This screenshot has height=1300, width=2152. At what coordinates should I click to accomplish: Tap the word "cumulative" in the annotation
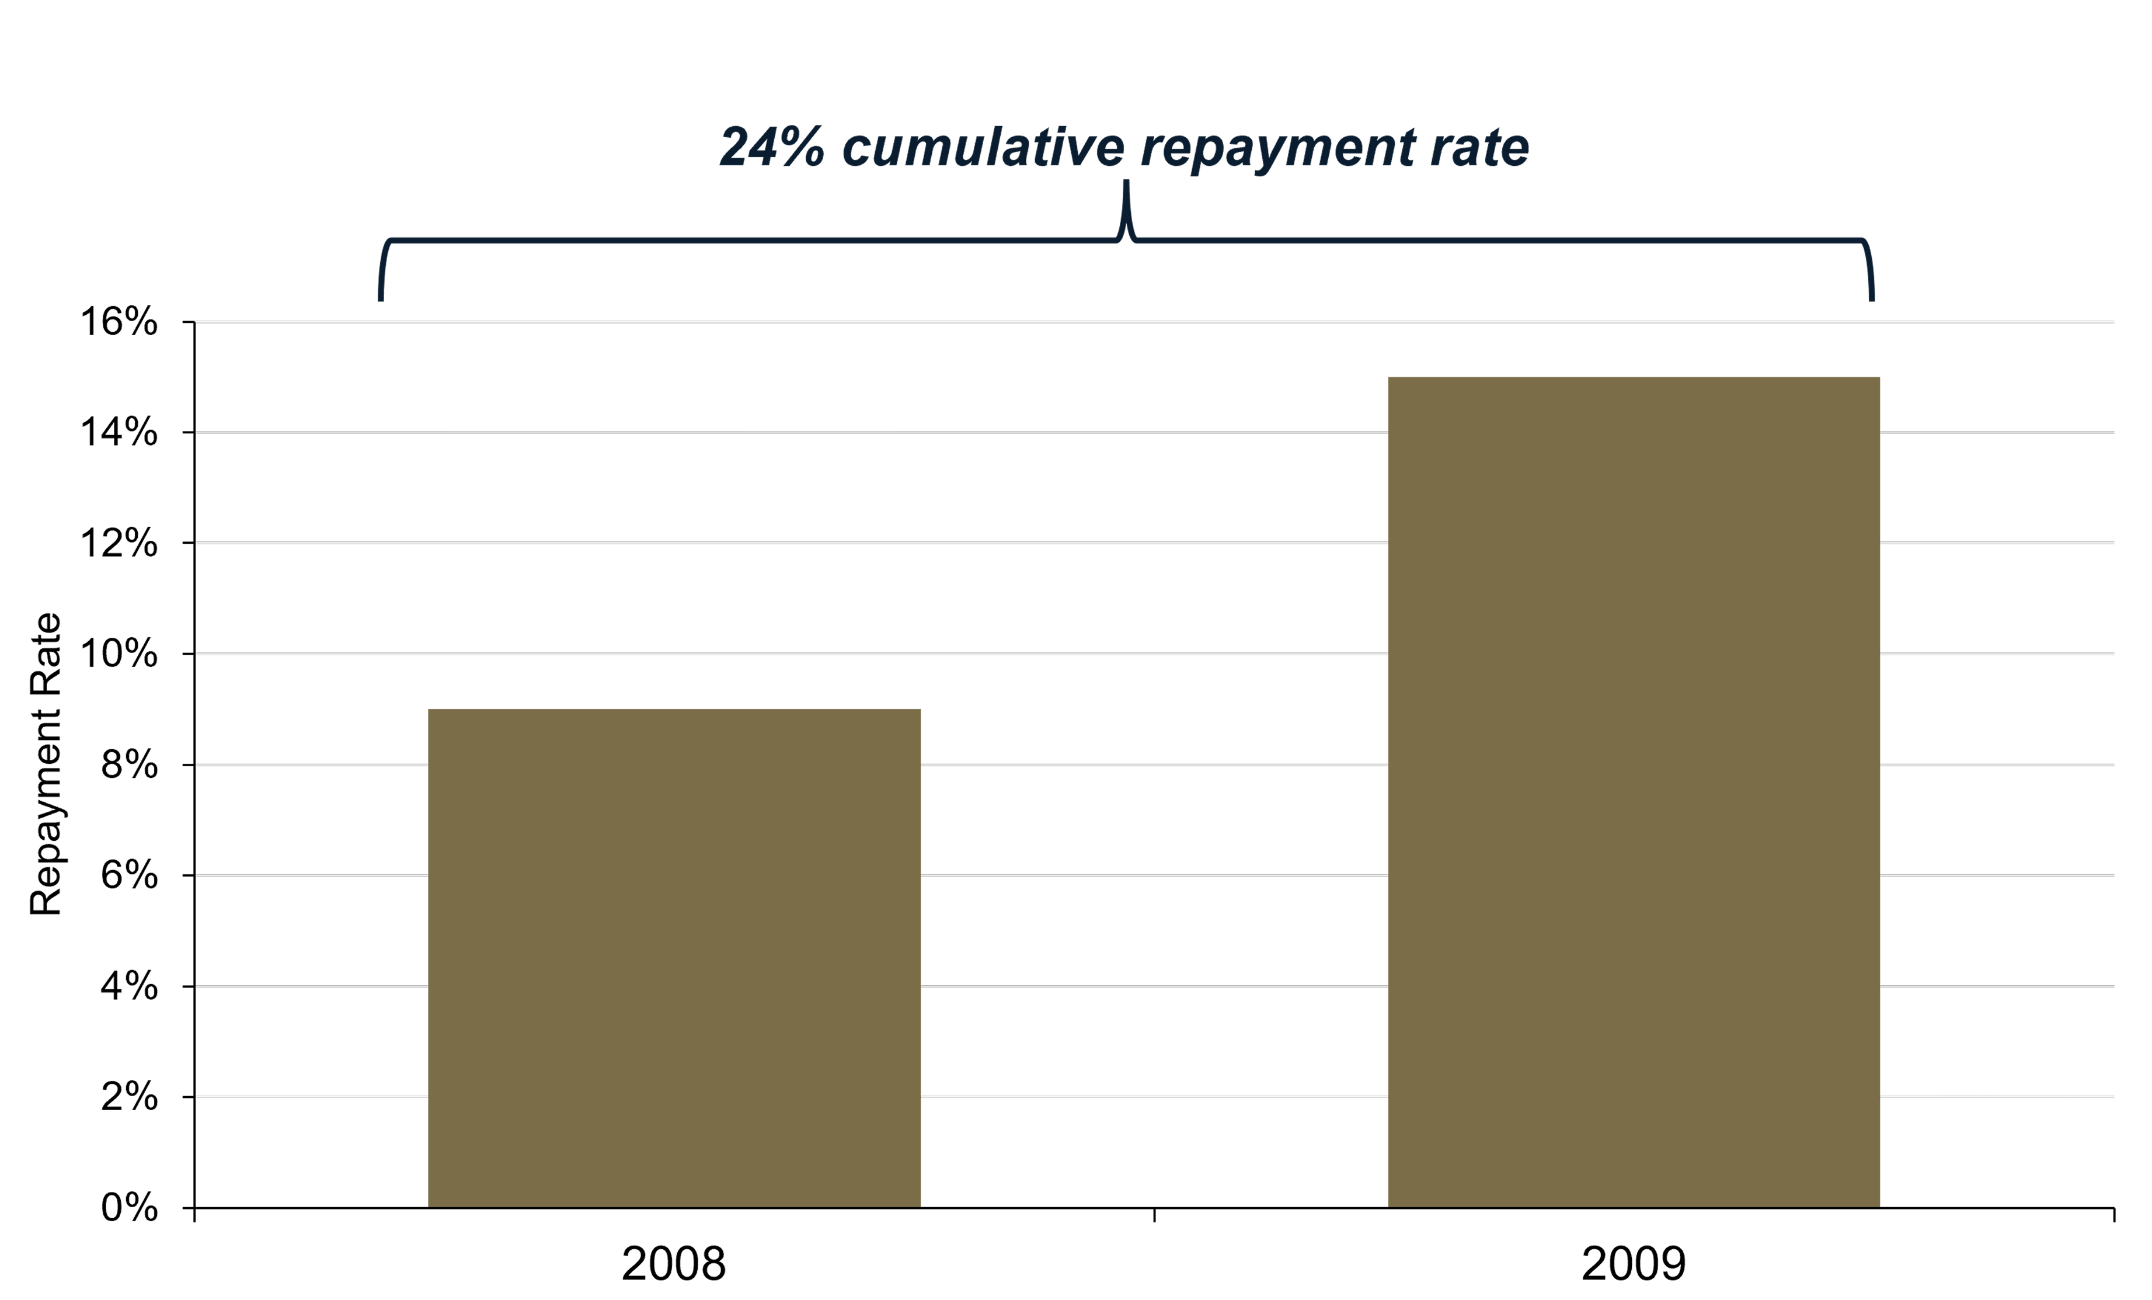coord(983,147)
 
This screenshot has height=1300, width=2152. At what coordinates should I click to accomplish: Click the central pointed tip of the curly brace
coord(1126,185)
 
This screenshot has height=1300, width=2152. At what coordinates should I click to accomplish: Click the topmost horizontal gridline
coord(1136,322)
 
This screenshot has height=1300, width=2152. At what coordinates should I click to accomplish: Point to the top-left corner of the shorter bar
coord(429,710)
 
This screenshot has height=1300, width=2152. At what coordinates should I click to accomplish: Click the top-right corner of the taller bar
coord(1879,378)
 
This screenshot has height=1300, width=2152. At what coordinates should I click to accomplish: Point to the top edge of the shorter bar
coord(674,710)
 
